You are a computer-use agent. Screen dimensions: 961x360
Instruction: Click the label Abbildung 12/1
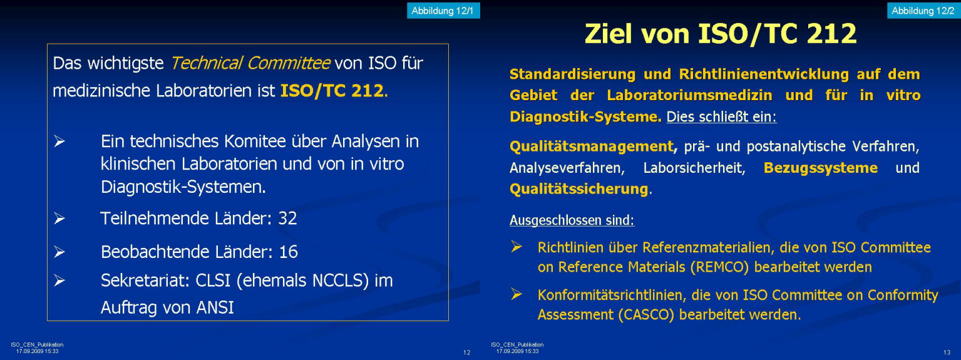(x=443, y=11)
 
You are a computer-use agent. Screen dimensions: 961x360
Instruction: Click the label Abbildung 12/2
(x=923, y=11)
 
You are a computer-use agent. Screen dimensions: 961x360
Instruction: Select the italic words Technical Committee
(x=250, y=63)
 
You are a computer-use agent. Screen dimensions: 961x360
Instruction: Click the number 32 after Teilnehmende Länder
(x=287, y=219)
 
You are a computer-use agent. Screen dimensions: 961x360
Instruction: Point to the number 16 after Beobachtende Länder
(x=288, y=252)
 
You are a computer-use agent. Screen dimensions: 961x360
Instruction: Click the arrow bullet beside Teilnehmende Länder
(x=59, y=219)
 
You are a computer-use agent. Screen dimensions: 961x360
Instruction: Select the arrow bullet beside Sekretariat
(x=59, y=280)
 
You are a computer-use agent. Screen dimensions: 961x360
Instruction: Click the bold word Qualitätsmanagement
(x=592, y=147)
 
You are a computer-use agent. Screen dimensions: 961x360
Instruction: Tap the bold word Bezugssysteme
(x=820, y=168)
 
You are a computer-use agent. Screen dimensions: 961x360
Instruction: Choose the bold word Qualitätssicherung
(x=578, y=189)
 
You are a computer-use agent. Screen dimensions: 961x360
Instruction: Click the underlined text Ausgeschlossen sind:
(x=572, y=220)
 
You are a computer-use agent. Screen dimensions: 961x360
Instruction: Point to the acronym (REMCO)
(x=720, y=267)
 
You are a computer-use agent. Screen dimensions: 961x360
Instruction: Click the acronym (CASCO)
(x=646, y=314)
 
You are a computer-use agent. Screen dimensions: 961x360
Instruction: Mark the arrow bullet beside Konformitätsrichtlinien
(x=516, y=294)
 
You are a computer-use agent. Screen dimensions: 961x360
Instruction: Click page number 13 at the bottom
(x=947, y=352)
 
